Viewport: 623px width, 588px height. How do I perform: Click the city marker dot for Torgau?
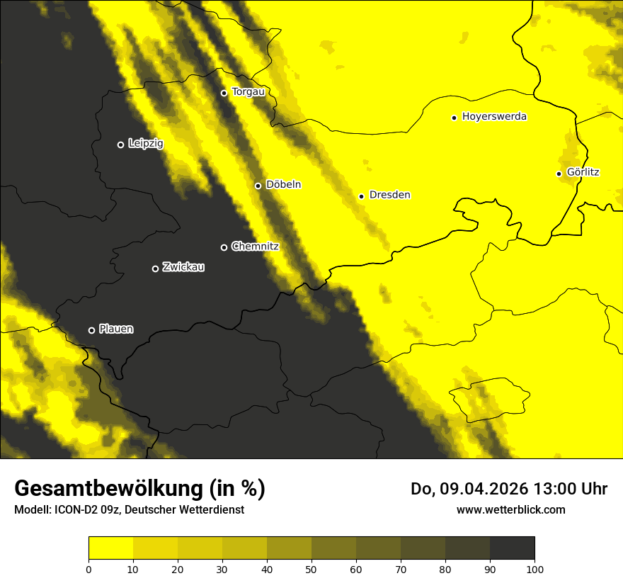pyautogui.click(x=224, y=93)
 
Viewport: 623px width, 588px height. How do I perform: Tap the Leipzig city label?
pyautogui.click(x=146, y=144)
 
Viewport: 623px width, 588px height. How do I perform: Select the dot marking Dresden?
pyautogui.click(x=362, y=196)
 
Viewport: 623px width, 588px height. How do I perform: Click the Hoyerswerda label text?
pyautogui.click(x=494, y=117)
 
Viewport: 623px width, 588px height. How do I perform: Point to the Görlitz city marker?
pyautogui.click(x=559, y=174)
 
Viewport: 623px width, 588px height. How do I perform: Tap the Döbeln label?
pyautogui.click(x=283, y=185)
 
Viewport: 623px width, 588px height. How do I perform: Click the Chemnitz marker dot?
pyautogui.click(x=224, y=247)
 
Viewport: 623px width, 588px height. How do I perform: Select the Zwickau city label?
pyautogui.click(x=183, y=267)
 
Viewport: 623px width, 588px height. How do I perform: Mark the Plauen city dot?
pyautogui.click(x=91, y=330)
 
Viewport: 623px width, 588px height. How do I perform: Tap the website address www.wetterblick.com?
pyautogui.click(x=510, y=509)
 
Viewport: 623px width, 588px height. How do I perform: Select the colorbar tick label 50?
pyautogui.click(x=311, y=569)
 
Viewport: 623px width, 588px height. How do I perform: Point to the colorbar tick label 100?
pyautogui.click(x=535, y=569)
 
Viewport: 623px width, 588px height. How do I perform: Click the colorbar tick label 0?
pyautogui.click(x=88, y=569)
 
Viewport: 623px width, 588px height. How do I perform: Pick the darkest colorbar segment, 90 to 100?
pyautogui.click(x=512, y=548)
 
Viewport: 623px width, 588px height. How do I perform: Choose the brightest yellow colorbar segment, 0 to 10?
pyautogui.click(x=110, y=548)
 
